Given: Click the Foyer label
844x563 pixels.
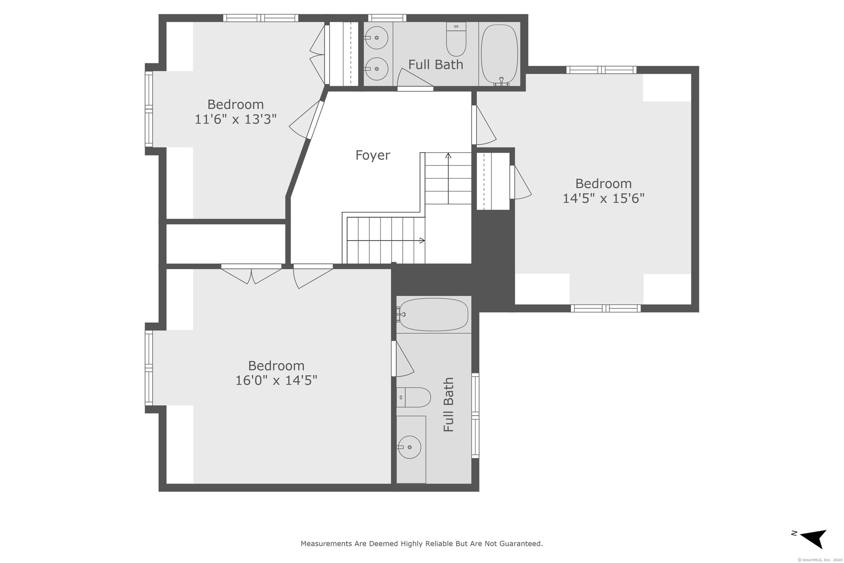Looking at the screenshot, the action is click(x=373, y=155).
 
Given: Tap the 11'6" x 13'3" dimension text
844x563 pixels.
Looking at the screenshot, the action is click(x=236, y=119).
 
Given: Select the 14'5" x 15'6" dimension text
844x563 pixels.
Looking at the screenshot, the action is click(x=604, y=198).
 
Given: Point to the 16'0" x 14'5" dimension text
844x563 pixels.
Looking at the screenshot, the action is click(x=276, y=380).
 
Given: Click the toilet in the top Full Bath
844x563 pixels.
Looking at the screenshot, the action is click(x=456, y=39).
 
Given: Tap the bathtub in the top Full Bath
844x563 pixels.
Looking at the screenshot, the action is click(x=499, y=54).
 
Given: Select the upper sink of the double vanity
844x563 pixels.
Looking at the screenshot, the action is click(x=376, y=38).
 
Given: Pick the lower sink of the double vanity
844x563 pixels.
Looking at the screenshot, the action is click(x=376, y=69).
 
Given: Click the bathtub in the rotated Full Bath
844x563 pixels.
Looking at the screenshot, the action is click(x=433, y=314).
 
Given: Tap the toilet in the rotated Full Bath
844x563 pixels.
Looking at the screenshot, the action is click(x=413, y=397).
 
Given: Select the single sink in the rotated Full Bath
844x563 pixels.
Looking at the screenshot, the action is click(x=409, y=447).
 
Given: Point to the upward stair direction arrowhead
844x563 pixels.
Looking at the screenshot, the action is click(x=448, y=155).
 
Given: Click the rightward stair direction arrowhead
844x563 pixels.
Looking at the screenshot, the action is click(x=422, y=241).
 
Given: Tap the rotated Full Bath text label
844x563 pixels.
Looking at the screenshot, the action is click(x=448, y=405).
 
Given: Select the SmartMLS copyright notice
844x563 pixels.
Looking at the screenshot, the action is click(x=819, y=560).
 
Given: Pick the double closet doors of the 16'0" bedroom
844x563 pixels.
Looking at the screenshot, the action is click(x=251, y=274).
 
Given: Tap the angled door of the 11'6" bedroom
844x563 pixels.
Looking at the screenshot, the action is click(x=307, y=121).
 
